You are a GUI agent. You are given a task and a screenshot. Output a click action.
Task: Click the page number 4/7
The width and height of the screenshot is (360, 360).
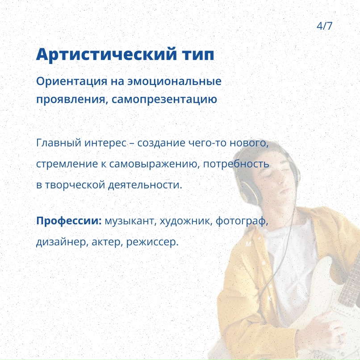pos(324,26)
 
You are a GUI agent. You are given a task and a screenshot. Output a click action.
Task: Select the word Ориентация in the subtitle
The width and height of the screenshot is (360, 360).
pos(71,81)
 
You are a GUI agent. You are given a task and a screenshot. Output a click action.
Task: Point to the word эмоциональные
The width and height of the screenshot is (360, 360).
pos(175,81)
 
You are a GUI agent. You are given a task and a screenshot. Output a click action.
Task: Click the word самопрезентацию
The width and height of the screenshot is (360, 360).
pos(164,100)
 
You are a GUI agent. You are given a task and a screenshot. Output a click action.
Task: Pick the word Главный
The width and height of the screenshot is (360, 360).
pos(59,143)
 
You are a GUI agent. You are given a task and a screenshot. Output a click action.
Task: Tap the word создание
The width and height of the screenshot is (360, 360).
pos(161,143)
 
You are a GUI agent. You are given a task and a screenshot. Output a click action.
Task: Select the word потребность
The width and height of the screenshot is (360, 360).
pos(236,164)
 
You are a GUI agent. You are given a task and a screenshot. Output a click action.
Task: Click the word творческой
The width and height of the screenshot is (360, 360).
pos(75,185)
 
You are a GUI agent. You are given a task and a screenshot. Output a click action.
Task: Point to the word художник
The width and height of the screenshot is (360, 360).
pos(188,221)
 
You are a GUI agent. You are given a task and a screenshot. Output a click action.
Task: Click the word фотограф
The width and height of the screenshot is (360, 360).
pos(242,221)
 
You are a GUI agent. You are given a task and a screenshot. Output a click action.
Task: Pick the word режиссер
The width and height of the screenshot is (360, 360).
pos(152,242)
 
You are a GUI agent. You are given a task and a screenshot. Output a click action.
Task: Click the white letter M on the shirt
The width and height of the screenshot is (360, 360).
pos(248,244)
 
